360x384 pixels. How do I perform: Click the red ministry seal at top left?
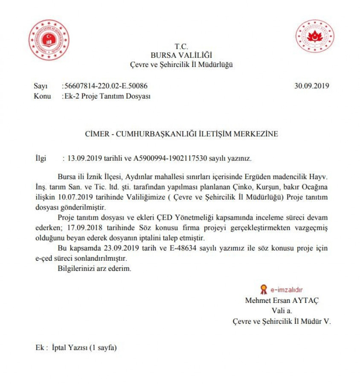49,40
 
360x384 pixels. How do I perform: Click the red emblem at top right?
315,36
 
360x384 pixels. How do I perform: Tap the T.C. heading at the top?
181,47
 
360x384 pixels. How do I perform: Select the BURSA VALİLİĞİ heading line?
181,55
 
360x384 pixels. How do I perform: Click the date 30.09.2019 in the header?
311,86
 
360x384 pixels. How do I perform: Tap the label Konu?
42,96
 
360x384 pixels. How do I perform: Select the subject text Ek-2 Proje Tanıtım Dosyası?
107,96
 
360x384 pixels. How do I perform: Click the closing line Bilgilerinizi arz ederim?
94,269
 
